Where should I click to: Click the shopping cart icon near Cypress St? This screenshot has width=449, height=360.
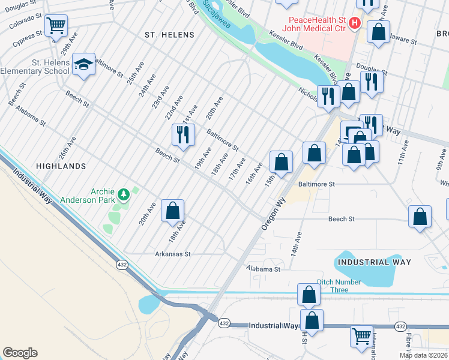[x=56, y=26]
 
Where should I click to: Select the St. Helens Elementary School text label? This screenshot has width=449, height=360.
[x=36, y=67]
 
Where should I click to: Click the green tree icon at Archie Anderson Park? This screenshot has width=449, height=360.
[x=124, y=194]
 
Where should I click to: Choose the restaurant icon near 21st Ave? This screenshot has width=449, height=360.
[x=183, y=134]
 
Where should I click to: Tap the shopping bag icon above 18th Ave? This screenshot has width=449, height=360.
[x=172, y=210]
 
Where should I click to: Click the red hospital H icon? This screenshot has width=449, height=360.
[x=355, y=23]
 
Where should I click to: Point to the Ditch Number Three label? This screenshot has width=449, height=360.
[x=340, y=286]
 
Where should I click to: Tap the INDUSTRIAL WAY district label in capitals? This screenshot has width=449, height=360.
[x=374, y=262]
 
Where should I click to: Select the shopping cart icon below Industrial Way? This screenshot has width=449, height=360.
[x=361, y=336]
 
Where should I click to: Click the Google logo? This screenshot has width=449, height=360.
[x=20, y=353]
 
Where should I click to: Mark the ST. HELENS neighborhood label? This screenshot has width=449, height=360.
[x=169, y=35]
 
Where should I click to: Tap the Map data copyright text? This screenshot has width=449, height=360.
[x=423, y=355]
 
